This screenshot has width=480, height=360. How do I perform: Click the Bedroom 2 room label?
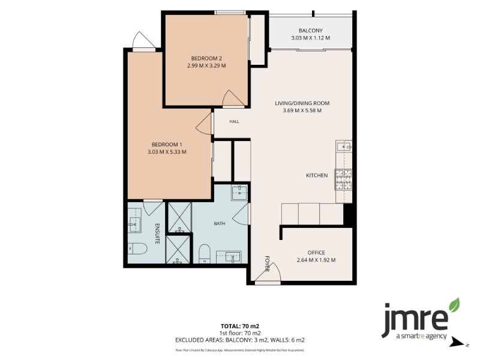[206, 58]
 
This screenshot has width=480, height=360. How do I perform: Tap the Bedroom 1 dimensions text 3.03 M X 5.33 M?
[167, 152]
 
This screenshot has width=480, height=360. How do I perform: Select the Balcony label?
[310, 31]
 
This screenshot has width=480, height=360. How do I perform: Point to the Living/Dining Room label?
[302, 103]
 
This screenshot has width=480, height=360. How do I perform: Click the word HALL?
[234, 122]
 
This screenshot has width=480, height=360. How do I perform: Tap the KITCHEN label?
[317, 175]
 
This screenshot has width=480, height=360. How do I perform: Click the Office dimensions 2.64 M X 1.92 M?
[316, 260]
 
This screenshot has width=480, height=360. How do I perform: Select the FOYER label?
[267, 263]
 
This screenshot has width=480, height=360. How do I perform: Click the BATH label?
[220, 224]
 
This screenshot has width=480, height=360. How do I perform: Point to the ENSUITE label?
[157, 234]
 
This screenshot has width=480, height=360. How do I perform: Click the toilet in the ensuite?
[137, 248]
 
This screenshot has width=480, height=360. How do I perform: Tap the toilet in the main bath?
[204, 254]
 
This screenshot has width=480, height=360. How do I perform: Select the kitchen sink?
[344, 147]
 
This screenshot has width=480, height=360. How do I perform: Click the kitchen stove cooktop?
[343, 179]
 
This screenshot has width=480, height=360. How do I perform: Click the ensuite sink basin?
[134, 224]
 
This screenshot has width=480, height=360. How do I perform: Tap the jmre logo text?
[415, 319]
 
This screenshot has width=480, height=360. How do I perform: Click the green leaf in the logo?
[455, 305]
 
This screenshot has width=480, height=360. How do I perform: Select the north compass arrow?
[458, 342]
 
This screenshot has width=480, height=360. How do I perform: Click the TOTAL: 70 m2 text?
[240, 326]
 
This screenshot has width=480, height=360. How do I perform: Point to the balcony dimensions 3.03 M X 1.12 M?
[310, 38]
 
